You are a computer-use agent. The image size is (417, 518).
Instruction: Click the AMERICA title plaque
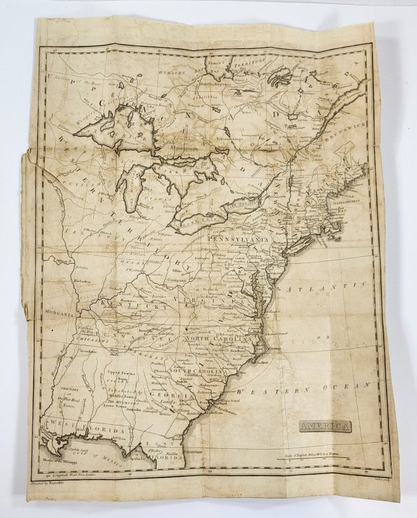tap(325, 426)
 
